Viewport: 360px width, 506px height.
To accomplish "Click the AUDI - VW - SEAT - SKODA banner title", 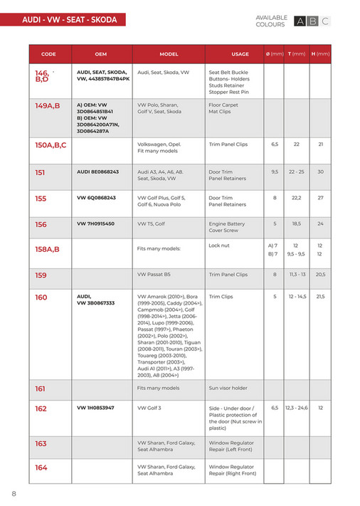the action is pos(69,20).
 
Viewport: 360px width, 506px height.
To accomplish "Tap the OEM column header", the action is pos(100,54).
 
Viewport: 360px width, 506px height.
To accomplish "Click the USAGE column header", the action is pos(240,54).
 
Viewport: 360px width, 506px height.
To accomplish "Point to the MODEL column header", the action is pos(169,54).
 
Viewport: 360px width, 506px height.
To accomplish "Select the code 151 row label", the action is pos(41,172).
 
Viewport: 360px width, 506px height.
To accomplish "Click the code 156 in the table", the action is pos(41,224).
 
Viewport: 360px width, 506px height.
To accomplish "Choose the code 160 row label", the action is pos(41,297).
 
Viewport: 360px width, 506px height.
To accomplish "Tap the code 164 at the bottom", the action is pos(41,468).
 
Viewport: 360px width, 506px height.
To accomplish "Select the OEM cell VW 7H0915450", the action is pos(95,223).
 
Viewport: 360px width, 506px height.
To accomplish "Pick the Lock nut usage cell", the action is pos(219,246).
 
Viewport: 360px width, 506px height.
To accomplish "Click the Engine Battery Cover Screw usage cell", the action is pos(226,227).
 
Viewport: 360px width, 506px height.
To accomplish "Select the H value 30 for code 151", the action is pos(321,172).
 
